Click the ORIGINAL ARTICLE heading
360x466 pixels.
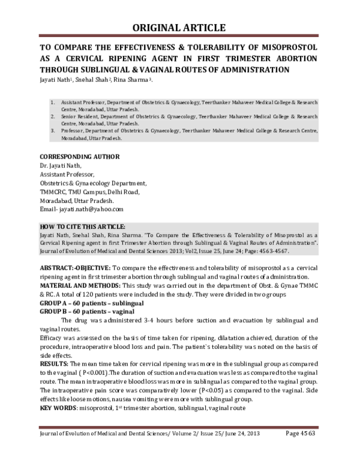[x=179, y=28]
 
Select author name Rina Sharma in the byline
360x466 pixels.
[x=131, y=80]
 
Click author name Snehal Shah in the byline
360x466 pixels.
[x=92, y=80]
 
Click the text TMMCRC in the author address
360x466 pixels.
[x=54, y=192]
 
